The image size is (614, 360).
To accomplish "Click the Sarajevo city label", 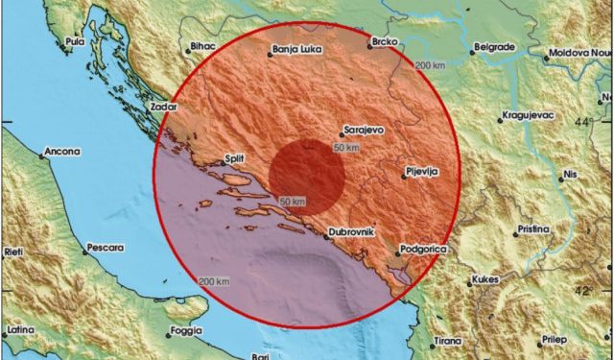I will point(366,129).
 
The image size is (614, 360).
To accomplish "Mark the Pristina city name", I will point(531,230).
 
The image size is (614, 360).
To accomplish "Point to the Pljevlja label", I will point(423,170).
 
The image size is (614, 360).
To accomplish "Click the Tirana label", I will point(446,340).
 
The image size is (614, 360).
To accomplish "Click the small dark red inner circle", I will point(306,174).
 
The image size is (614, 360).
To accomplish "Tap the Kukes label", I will point(485,280).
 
